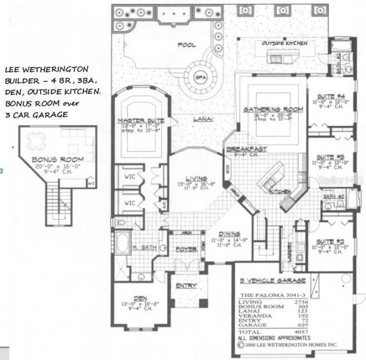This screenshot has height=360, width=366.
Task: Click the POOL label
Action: pos(186,45)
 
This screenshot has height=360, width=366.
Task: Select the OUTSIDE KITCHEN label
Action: pos(285,43)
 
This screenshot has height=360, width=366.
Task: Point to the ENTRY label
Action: pos(186,286)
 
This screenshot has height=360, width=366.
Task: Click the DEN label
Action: pos(140,297)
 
